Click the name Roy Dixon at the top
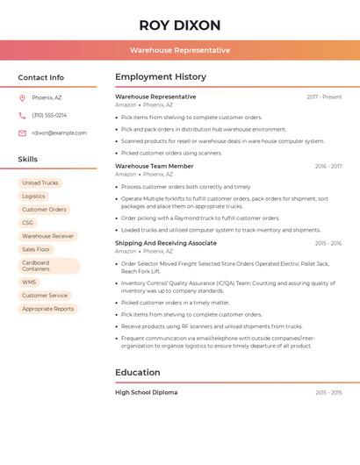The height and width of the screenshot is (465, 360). [180, 25]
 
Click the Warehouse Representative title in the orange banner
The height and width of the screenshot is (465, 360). [180, 50]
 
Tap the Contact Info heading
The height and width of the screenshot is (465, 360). [41, 77]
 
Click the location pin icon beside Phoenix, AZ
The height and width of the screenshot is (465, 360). [22, 97]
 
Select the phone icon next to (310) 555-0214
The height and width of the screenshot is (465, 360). [22, 115]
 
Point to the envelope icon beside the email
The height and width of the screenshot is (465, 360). [22, 133]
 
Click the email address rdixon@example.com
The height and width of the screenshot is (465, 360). [59, 133]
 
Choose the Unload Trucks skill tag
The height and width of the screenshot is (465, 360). [40, 183]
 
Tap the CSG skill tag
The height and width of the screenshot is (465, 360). [28, 223]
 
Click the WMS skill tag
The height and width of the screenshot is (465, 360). [30, 283]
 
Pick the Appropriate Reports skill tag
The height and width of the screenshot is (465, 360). [48, 309]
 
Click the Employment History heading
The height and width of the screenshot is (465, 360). [161, 77]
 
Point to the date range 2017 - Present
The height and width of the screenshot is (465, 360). [324, 97]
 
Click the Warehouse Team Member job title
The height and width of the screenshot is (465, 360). [155, 166]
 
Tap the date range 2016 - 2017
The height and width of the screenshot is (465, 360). [328, 166]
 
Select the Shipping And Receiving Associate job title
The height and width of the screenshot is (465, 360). [166, 243]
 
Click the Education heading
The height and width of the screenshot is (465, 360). [137, 372]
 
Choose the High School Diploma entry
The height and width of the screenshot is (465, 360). [147, 392]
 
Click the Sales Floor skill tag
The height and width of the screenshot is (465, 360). [37, 249]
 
